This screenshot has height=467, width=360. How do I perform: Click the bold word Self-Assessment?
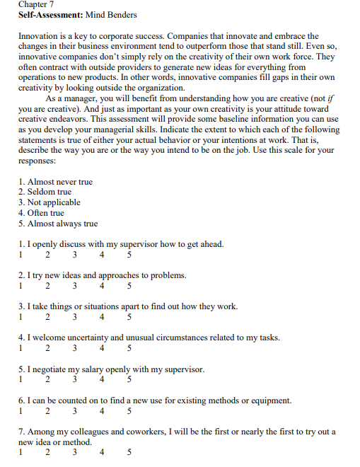[47, 15]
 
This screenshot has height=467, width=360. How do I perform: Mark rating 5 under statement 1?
[129, 255]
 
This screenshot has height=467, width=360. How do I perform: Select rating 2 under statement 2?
[47, 286]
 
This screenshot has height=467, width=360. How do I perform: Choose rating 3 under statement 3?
[74, 317]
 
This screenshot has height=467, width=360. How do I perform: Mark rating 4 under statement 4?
[102, 348]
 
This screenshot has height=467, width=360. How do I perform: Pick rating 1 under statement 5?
[21, 379]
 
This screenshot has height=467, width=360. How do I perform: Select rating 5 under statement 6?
[129, 410]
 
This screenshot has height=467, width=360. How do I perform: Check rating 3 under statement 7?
[74, 452]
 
